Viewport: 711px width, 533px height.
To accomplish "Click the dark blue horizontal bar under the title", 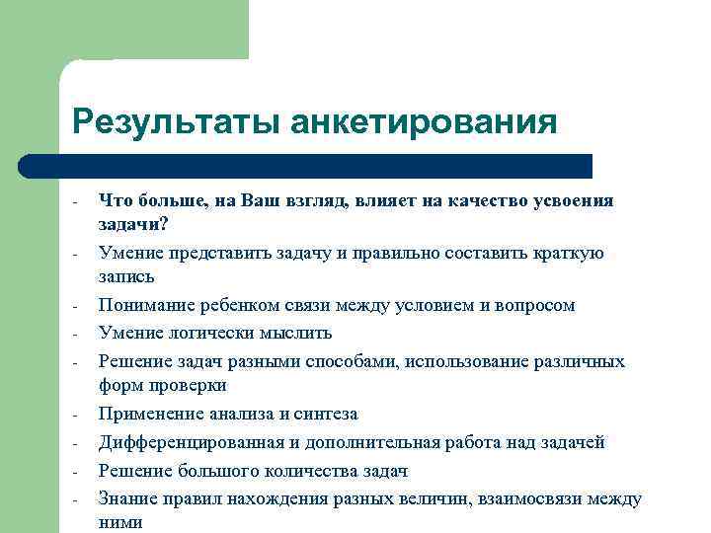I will click(x=326, y=166).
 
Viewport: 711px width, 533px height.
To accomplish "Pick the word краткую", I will click(x=570, y=254).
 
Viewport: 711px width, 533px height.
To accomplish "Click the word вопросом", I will click(x=534, y=306).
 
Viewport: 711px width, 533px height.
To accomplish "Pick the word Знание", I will click(x=127, y=499).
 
